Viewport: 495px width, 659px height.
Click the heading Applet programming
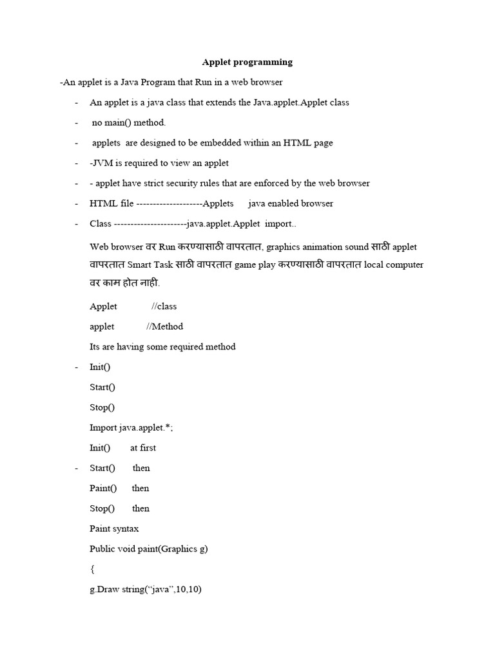(x=247, y=62)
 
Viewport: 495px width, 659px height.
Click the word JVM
(x=102, y=163)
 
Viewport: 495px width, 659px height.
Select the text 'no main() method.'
(x=129, y=122)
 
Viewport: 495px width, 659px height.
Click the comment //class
(x=164, y=306)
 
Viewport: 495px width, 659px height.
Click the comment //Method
(x=165, y=326)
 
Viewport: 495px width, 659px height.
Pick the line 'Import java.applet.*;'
(x=131, y=427)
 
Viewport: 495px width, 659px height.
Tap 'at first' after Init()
(x=143, y=448)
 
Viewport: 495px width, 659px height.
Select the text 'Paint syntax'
(x=114, y=529)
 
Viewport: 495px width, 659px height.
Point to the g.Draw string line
(x=146, y=589)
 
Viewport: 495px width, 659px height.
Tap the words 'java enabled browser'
(x=291, y=203)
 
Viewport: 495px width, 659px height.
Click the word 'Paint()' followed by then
(x=103, y=488)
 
